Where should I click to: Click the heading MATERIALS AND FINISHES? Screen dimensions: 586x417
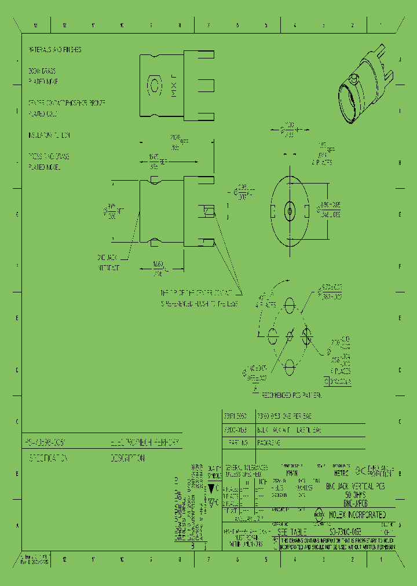click(x=55, y=50)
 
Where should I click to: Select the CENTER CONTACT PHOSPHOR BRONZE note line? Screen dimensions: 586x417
click(x=67, y=102)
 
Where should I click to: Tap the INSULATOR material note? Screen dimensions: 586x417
click(x=49, y=135)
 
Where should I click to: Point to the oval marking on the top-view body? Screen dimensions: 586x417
click(x=155, y=86)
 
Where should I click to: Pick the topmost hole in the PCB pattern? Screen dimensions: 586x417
click(x=290, y=304)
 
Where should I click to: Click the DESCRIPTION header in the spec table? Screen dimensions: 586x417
click(x=128, y=457)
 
